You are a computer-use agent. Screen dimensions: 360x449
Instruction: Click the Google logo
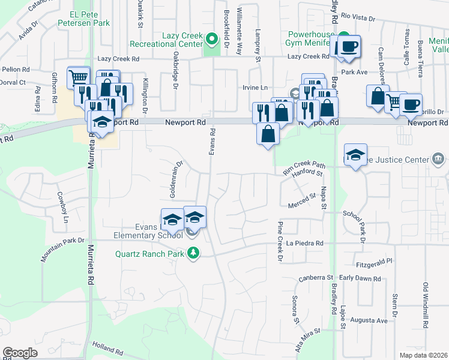pyautogui.click(x=20, y=353)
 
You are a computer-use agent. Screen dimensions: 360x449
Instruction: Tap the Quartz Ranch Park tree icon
pyautogui.click(x=193, y=253)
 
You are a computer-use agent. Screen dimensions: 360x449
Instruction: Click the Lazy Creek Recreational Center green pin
pyautogui.click(x=211, y=40)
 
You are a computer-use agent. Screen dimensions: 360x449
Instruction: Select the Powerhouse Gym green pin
pyautogui.click(x=343, y=35)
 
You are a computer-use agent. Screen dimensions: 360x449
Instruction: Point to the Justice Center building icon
pyautogui.click(x=438, y=160)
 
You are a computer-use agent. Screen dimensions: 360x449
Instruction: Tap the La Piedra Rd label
pyautogui.click(x=305, y=243)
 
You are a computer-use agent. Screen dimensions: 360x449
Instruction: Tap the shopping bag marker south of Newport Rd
pyautogui.click(x=268, y=134)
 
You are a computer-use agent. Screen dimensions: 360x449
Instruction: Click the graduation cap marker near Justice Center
pyautogui.click(x=356, y=155)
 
